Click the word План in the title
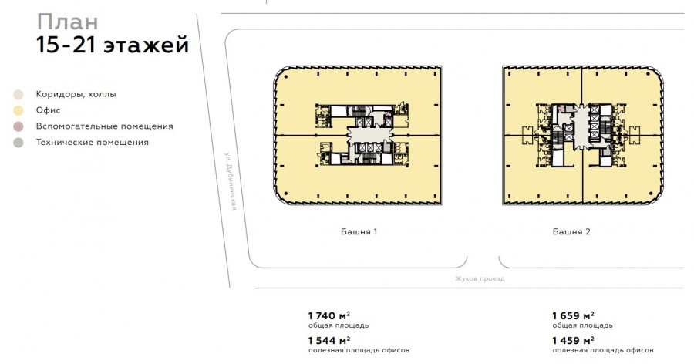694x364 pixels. pyautogui.click(x=67, y=22)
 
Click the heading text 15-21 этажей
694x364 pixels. pyautogui.click(x=113, y=45)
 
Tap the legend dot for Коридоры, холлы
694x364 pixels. pyautogui.click(x=19, y=94)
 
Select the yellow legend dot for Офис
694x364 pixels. pyautogui.click(x=19, y=110)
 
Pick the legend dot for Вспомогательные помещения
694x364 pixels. pyautogui.click(x=19, y=126)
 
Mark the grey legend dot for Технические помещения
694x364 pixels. pyautogui.click(x=19, y=143)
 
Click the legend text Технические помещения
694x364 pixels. pyautogui.click(x=93, y=143)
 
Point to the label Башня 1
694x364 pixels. pyautogui.click(x=359, y=231)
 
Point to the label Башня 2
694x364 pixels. pyautogui.click(x=571, y=231)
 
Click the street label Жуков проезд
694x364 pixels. pyautogui.click(x=480, y=279)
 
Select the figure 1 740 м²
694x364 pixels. pyautogui.click(x=329, y=315)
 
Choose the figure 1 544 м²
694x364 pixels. pyautogui.click(x=329, y=341)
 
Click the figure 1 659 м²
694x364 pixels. pyautogui.click(x=573, y=315)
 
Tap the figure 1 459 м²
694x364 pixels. pyautogui.click(x=573, y=341)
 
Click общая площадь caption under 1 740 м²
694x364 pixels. pyautogui.click(x=339, y=325)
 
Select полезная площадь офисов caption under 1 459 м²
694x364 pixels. pyautogui.click(x=603, y=350)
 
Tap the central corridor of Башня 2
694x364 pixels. pyautogui.click(x=581, y=127)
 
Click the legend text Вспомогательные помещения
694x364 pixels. pyautogui.click(x=104, y=126)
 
